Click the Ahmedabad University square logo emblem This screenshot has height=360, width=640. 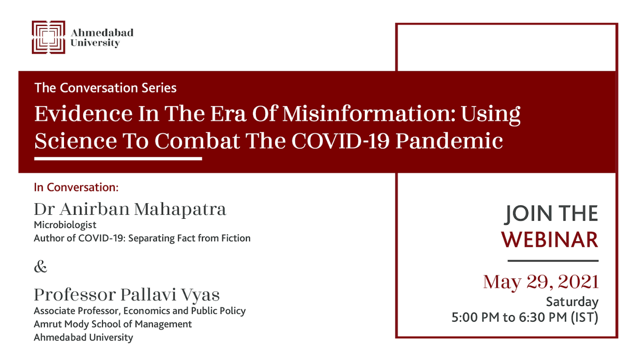tap(48, 37)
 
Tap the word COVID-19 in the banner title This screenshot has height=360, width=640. tap(340, 141)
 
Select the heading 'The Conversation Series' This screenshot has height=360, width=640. tap(106, 88)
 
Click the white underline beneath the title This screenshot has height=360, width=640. tap(118, 159)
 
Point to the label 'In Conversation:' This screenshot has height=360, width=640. tap(76, 187)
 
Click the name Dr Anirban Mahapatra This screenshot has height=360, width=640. tap(130, 210)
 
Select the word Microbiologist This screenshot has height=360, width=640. tap(65, 225)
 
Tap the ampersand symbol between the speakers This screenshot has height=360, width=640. tap(40, 267)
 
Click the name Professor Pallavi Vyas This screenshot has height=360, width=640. tap(127, 295)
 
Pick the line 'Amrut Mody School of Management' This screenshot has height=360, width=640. tap(113, 324)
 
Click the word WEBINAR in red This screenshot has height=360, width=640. tap(549, 240)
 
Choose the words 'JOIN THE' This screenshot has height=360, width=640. tap(551, 213)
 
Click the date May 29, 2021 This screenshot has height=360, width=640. tap(541, 282)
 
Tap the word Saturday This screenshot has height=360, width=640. tap(572, 302)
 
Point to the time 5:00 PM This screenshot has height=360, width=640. tap(475, 317)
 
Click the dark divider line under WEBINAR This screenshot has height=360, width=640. tap(553, 261)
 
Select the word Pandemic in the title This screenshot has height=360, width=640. tap(449, 141)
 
